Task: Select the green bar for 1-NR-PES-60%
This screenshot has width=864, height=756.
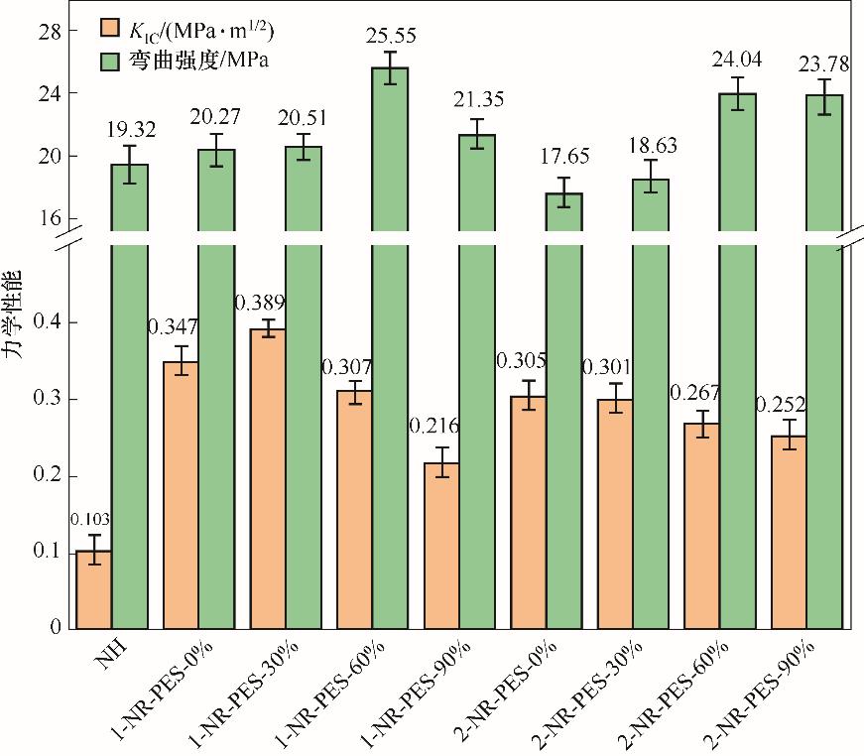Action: pos(390,347)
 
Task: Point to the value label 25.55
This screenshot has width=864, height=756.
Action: pos(391,37)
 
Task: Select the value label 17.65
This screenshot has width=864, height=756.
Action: pos(563,156)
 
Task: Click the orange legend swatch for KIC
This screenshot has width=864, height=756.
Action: pos(111,28)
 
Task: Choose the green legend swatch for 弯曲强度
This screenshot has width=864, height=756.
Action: pos(111,61)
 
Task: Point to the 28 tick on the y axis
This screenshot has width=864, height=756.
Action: pos(50,31)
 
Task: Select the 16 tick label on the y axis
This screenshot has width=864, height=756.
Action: pos(50,218)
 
